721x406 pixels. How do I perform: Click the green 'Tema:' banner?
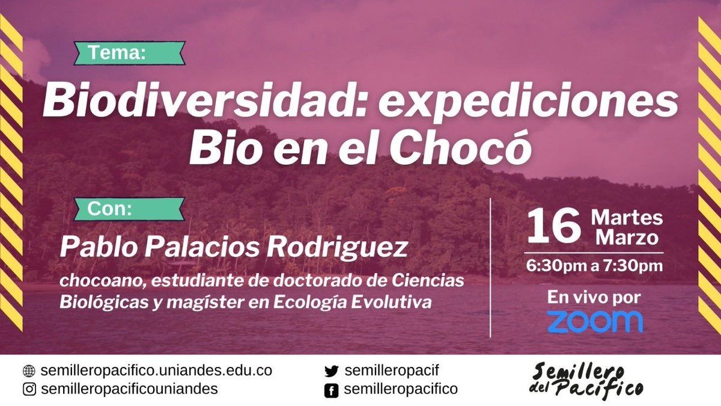(130, 53)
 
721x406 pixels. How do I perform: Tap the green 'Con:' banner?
(129, 209)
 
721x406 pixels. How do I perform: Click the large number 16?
(553, 226)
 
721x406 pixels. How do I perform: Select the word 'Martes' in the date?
(627, 218)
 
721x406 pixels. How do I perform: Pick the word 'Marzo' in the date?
(627, 238)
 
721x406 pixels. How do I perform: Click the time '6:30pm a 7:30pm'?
(594, 266)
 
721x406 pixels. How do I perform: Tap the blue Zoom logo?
(595, 322)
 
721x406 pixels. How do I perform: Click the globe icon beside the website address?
(29, 371)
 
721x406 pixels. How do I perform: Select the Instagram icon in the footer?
(29, 389)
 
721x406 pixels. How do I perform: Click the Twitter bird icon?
(331, 372)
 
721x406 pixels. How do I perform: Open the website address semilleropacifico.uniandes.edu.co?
(156, 371)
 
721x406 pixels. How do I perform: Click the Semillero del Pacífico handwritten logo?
(586, 383)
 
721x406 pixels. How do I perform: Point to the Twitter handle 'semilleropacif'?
(392, 371)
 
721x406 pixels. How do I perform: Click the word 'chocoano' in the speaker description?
(103, 281)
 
